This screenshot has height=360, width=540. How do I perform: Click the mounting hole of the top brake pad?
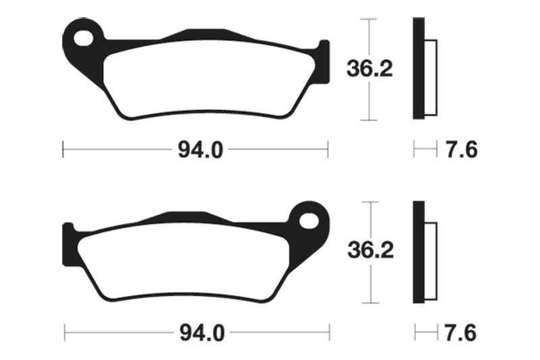pyautogui.click(x=84, y=37)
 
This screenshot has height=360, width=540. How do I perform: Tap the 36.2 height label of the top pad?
pyautogui.click(x=369, y=69)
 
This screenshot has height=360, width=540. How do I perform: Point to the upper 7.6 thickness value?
pyautogui.click(x=462, y=150)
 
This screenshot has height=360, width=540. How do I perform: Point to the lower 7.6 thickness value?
pyautogui.click(x=462, y=332)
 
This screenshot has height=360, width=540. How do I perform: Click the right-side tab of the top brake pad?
pyautogui.click(x=324, y=62)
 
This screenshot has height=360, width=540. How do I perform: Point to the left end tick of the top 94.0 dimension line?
pyautogui.click(x=63, y=149)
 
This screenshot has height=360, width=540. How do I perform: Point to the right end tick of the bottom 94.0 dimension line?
pyautogui.click(x=329, y=332)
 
